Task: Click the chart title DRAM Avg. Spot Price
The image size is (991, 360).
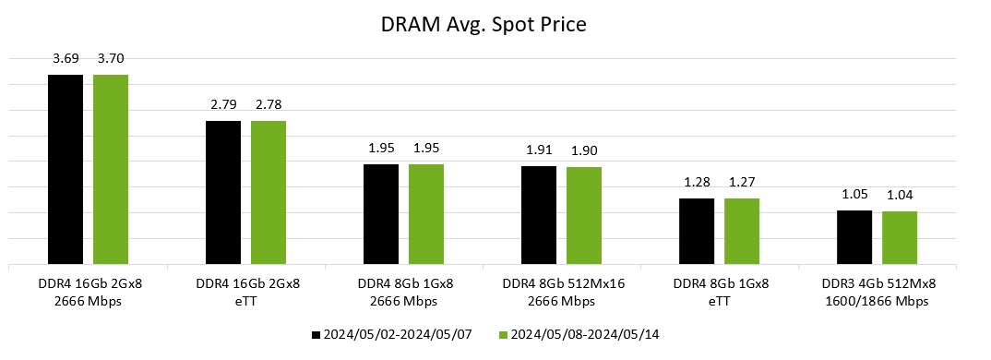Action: [484, 25]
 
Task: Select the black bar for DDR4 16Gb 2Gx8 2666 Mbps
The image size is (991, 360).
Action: [66, 170]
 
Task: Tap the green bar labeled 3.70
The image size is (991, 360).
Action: [111, 170]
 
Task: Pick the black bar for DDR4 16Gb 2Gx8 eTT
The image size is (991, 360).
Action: [223, 193]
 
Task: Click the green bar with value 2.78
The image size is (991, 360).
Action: [269, 193]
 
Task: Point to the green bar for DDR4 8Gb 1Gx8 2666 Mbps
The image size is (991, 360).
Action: [426, 214]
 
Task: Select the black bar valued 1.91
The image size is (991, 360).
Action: [539, 215]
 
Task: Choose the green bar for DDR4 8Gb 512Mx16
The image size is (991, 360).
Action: [584, 216]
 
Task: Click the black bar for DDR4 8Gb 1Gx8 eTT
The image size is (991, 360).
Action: [697, 232]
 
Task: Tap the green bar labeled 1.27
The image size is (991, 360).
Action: [742, 232]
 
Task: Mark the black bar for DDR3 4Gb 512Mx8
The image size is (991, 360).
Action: [854, 237]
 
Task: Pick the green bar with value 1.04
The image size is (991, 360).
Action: [900, 238]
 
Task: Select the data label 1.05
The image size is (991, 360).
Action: [854, 196]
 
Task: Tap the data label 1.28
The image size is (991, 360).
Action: [697, 184]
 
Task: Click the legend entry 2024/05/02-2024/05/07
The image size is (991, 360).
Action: [392, 333]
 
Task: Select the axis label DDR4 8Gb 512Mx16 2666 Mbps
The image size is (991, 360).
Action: [561, 291]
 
